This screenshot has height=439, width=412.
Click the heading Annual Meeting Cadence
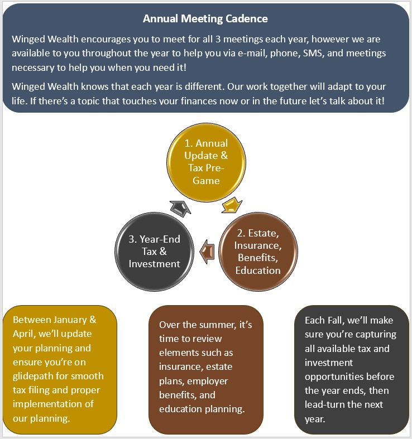click(x=205, y=18)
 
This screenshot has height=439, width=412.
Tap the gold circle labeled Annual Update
click(x=207, y=162)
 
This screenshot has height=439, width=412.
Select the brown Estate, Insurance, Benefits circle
click(x=258, y=252)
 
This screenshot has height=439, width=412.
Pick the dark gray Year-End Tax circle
click(x=154, y=252)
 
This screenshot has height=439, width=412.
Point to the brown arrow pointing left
click(x=207, y=252)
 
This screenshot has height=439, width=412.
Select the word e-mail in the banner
click(x=251, y=53)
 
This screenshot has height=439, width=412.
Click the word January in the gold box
click(x=70, y=320)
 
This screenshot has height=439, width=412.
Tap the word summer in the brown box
click(x=215, y=325)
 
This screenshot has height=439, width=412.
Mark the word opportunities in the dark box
click(x=329, y=377)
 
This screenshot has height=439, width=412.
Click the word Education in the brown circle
click(x=258, y=270)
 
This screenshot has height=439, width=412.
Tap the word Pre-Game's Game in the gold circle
click(x=206, y=181)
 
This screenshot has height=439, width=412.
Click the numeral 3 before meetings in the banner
click(x=218, y=39)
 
